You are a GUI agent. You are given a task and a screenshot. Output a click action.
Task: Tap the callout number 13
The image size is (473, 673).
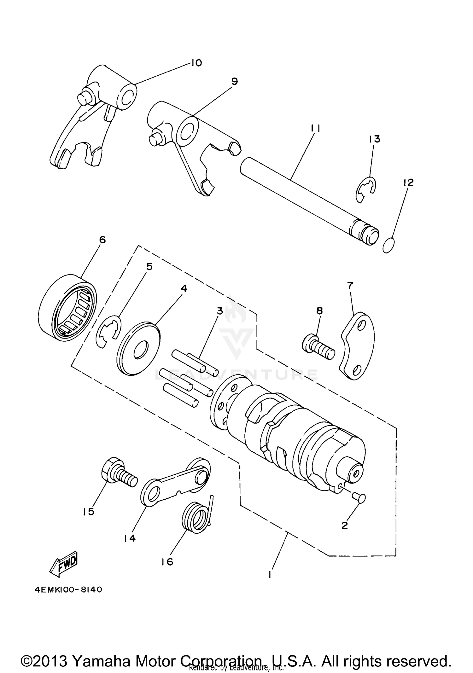[375, 139]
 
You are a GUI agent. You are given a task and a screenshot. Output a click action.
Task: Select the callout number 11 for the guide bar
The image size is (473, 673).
[316, 128]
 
